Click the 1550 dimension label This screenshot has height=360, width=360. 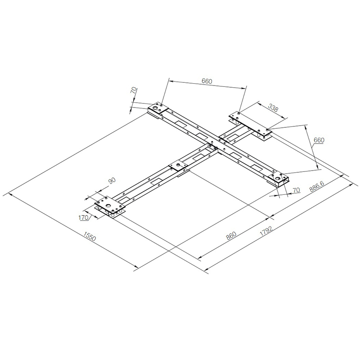pos(90,236)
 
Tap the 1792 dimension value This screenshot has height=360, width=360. pos(266,231)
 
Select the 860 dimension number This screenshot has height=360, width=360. pos(231,235)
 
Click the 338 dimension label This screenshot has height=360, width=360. pos(273,108)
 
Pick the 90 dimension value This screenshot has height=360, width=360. pos(112,181)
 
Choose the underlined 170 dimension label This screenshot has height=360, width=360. pos(84,217)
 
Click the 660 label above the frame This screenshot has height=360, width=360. pos(207,81)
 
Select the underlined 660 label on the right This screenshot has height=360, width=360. pos(319,140)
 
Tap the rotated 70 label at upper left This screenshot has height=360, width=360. pos(134,90)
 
